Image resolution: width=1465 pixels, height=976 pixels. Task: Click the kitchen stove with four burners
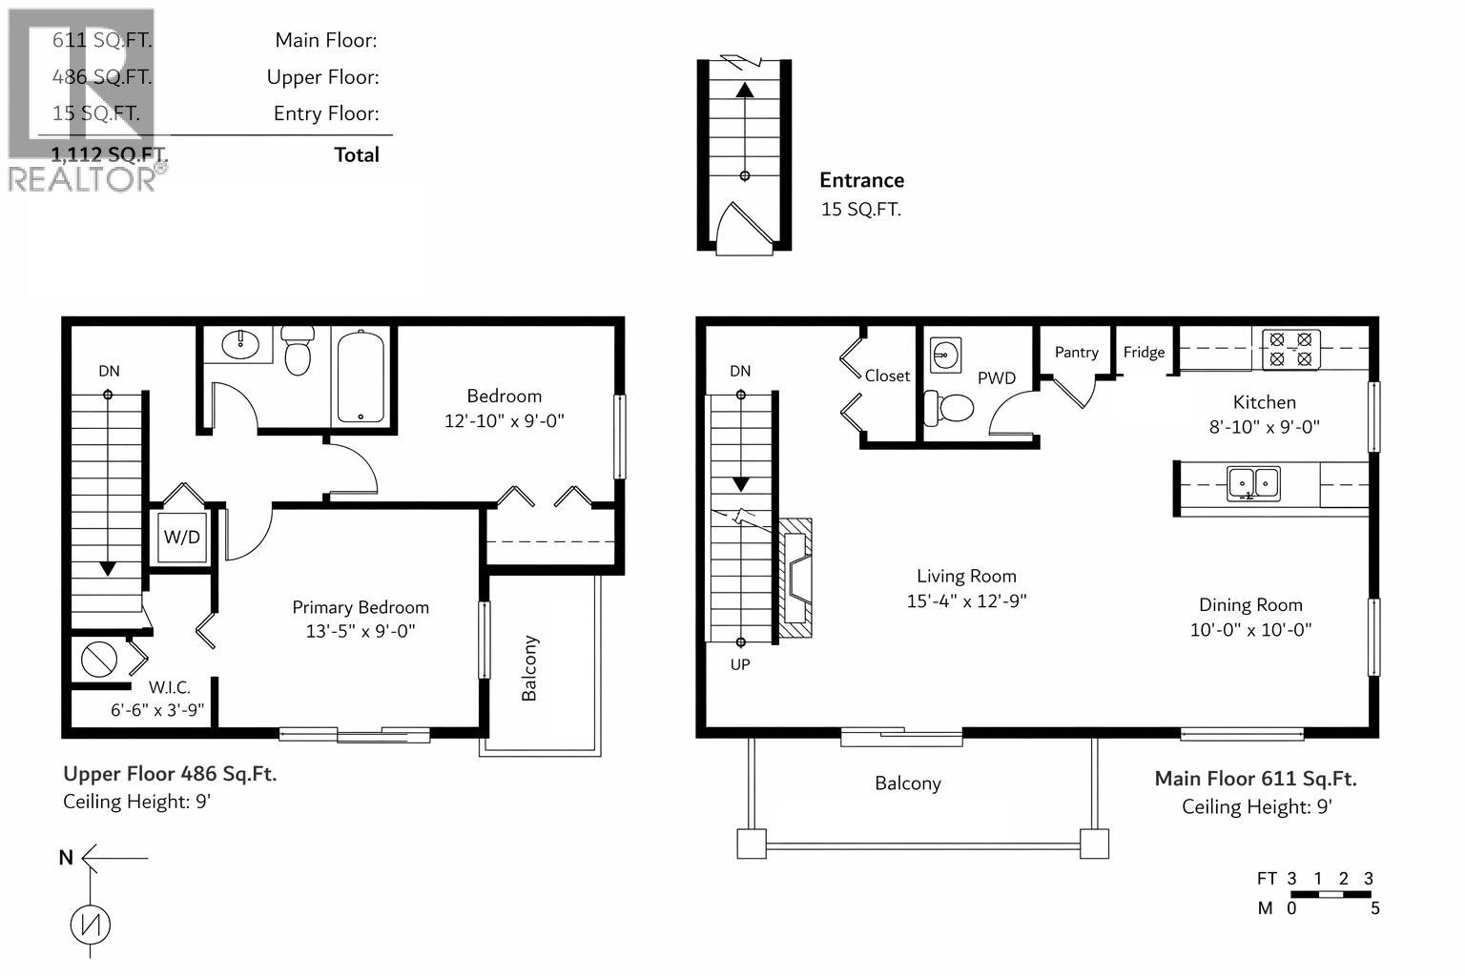[1291, 350]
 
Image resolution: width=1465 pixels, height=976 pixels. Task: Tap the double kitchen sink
[1253, 483]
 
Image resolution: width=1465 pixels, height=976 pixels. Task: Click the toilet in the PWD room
[948, 409]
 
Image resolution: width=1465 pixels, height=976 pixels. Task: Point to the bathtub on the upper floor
[361, 376]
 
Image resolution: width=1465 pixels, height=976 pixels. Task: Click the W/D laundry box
[181, 538]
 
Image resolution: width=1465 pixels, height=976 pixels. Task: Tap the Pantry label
[1076, 352]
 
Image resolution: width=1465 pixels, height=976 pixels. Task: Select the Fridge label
[1144, 352]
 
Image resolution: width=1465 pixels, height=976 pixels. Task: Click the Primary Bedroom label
[360, 607]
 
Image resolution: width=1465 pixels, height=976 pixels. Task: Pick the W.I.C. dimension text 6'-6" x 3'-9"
[157, 709]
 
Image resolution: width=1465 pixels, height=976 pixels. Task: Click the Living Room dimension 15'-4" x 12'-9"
[966, 600]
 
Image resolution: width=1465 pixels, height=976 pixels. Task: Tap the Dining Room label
[1249, 604]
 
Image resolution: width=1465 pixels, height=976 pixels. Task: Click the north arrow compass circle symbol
[91, 924]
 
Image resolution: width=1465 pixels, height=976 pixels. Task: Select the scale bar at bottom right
[1331, 894]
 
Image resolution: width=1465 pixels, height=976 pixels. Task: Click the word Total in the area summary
[356, 154]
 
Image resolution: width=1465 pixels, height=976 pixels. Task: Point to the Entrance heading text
[861, 180]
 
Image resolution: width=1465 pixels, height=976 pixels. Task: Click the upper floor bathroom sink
[241, 344]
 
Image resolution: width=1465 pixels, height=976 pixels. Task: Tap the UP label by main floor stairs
[740, 664]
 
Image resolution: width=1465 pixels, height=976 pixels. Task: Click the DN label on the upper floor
[109, 371]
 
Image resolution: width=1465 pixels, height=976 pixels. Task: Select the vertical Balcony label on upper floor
[529, 668]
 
